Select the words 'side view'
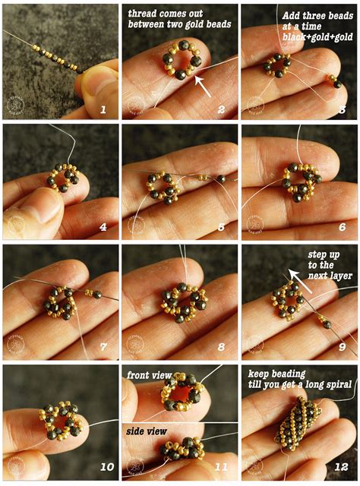(147, 431)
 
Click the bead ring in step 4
(62, 179)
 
